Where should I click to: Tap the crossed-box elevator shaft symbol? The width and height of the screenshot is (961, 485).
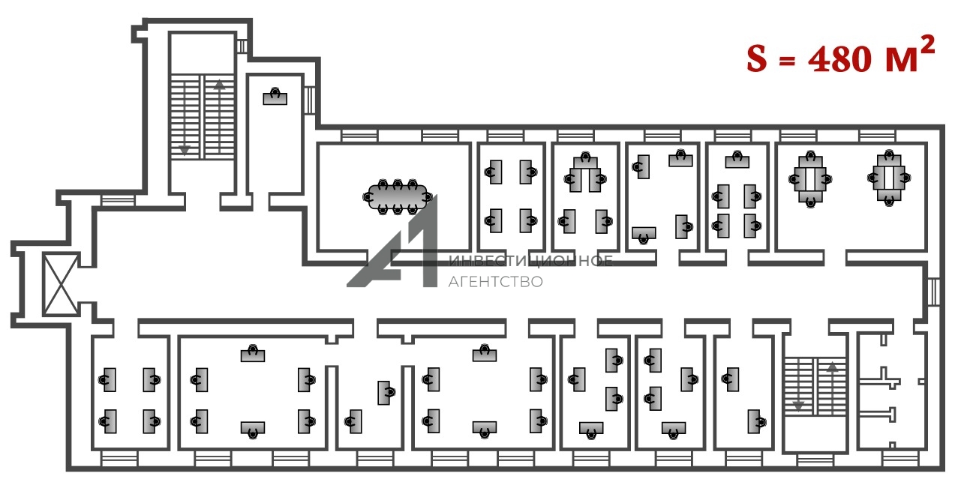pos(60,285)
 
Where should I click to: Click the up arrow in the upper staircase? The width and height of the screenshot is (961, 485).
pos(219,85)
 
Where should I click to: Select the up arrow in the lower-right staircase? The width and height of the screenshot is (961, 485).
pos(831,367)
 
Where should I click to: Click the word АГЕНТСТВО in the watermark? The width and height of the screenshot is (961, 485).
pos(494,282)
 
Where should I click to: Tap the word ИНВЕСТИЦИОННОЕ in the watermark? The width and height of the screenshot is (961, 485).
pos(530,261)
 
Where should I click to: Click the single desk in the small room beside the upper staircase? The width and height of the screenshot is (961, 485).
pos(275,97)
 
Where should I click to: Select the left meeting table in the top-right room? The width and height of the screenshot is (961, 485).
pos(807,178)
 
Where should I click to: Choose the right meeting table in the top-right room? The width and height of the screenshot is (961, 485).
pos(889,178)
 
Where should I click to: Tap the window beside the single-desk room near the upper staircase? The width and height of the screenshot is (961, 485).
pos(309,100)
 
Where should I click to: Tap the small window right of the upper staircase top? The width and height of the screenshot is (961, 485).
pos(242,46)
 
